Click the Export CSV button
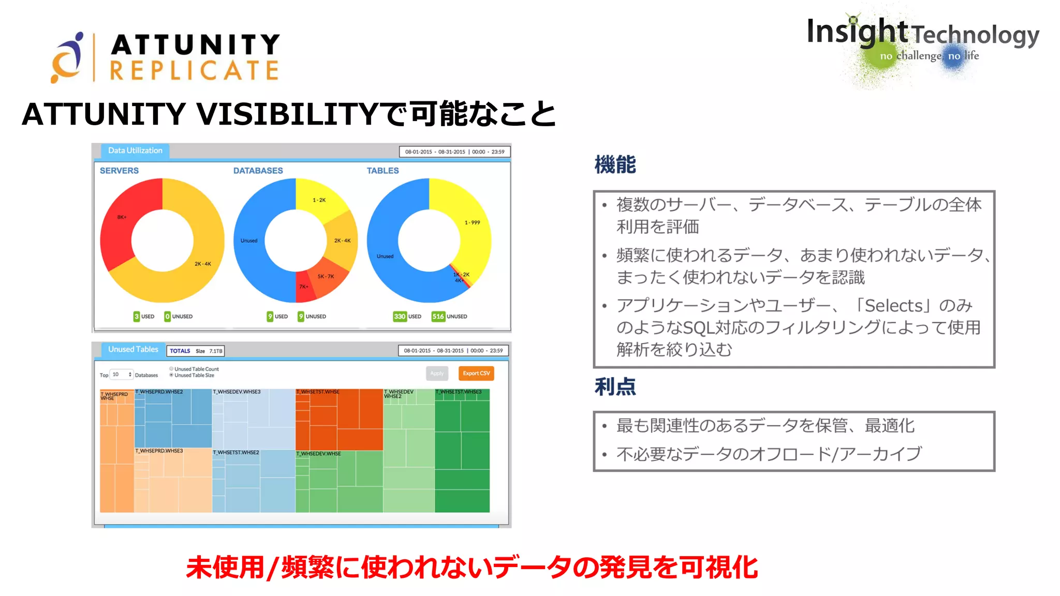pos(476,373)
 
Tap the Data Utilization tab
pos(135,151)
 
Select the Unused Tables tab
pos(133,350)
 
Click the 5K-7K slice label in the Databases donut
pos(326,276)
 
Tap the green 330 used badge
pos(400,316)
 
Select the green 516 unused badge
pos(438,316)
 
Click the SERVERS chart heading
pos(119,171)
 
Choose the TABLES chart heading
pos(382,171)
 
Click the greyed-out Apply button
pos(437,373)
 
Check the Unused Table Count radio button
pos(171,369)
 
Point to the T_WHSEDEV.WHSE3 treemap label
pos(237,392)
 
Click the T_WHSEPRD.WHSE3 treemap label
pos(159,451)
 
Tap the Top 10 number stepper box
pos(122,375)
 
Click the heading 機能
pos(615,165)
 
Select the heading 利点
pos(615,386)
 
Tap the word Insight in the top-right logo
pos(857,32)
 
